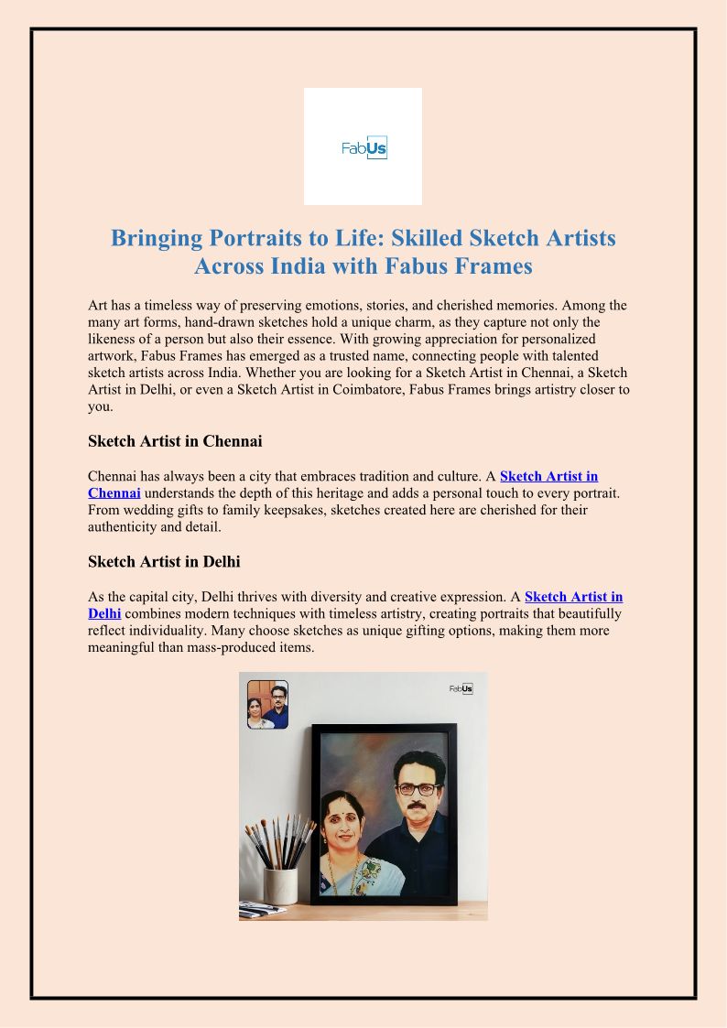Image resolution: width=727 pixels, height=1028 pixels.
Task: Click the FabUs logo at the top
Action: click(363, 146)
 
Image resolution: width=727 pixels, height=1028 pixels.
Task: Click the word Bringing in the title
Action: click(157, 238)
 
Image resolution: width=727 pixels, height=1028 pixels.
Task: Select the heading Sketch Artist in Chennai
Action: click(175, 441)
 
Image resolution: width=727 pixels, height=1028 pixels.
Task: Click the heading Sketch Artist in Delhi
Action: click(164, 561)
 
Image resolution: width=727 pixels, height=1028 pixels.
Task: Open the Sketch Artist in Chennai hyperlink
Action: click(548, 476)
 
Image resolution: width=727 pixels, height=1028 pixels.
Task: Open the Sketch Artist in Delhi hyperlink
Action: click(573, 597)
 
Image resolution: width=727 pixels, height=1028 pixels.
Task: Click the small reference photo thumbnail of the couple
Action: click(267, 704)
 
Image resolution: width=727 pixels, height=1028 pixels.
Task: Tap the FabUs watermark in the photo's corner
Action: click(461, 688)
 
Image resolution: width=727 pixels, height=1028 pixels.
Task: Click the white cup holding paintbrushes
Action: click(280, 884)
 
